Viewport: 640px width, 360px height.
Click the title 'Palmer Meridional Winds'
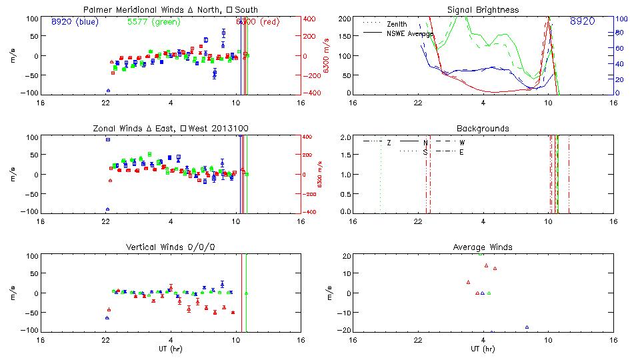(133, 10)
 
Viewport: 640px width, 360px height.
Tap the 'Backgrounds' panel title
(483, 128)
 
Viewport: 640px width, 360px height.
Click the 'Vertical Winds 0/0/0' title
(171, 247)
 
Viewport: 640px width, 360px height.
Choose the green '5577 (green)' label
(153, 22)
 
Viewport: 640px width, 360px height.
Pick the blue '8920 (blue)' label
(75, 22)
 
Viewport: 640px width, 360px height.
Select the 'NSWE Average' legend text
(411, 33)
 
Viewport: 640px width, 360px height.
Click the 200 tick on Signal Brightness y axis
(344, 19)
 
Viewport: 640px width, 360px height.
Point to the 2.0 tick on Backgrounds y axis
(345, 137)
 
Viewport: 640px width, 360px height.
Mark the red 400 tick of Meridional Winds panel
(311, 19)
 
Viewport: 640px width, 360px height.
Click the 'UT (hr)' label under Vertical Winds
(171, 348)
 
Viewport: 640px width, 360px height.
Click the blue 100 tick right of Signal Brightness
(619, 19)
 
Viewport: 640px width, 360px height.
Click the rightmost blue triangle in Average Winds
(527, 327)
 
